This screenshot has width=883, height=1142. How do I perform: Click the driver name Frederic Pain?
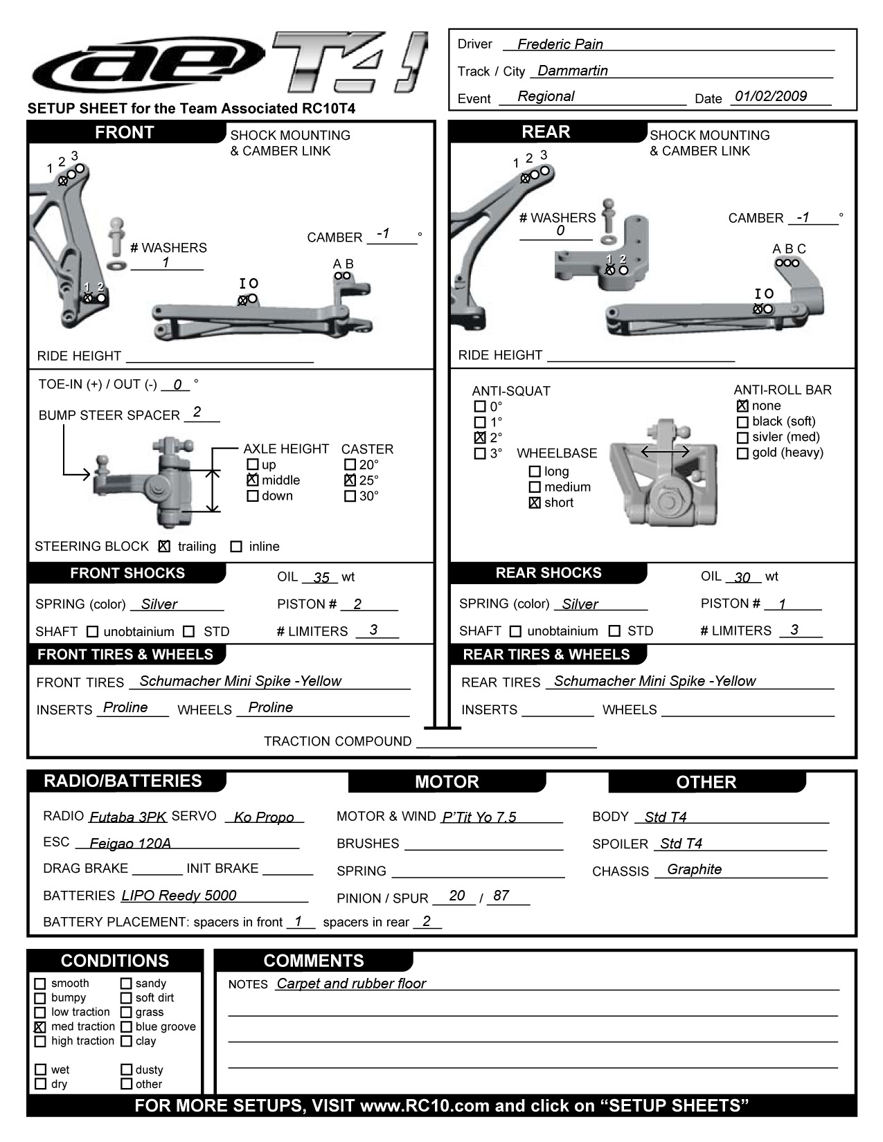560,44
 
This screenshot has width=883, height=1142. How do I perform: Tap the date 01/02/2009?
770,96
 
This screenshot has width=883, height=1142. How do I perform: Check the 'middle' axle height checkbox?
253,480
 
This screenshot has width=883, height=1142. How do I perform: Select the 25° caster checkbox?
350,480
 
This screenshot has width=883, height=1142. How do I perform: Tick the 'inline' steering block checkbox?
236,547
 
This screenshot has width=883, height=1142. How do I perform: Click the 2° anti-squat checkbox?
479,437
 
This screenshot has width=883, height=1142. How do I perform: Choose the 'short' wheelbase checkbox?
535,503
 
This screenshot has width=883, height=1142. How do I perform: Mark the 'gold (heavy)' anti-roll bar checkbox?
742,453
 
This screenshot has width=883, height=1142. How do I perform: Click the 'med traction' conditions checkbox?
40,1027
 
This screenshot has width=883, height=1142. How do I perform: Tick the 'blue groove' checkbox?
126,1027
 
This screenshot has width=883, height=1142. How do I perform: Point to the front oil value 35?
321,577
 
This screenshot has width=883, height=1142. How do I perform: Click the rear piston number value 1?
782,604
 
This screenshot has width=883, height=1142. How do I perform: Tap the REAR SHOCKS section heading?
548,573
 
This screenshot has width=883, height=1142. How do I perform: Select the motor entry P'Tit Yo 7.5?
479,817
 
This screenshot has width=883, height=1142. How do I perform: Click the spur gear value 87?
501,896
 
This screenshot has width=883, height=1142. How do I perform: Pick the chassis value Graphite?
694,869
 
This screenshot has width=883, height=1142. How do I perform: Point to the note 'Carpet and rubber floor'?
351,984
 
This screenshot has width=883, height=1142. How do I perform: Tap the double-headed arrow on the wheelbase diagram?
665,452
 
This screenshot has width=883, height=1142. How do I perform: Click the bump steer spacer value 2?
197,413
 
